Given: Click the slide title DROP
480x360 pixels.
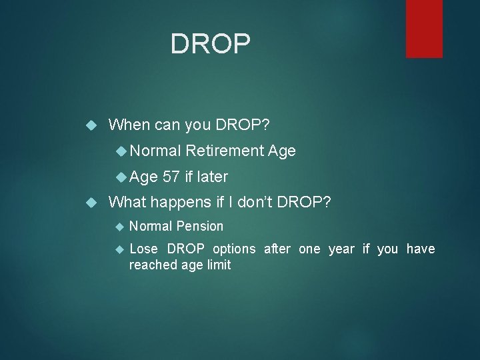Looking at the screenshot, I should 211,44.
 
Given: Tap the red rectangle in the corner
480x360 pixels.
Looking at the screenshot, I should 424,28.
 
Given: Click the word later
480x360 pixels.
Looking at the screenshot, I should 211,177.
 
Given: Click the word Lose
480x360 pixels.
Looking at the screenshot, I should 144,249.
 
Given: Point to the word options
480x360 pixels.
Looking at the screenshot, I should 234,249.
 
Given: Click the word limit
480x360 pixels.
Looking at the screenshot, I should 217,265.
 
